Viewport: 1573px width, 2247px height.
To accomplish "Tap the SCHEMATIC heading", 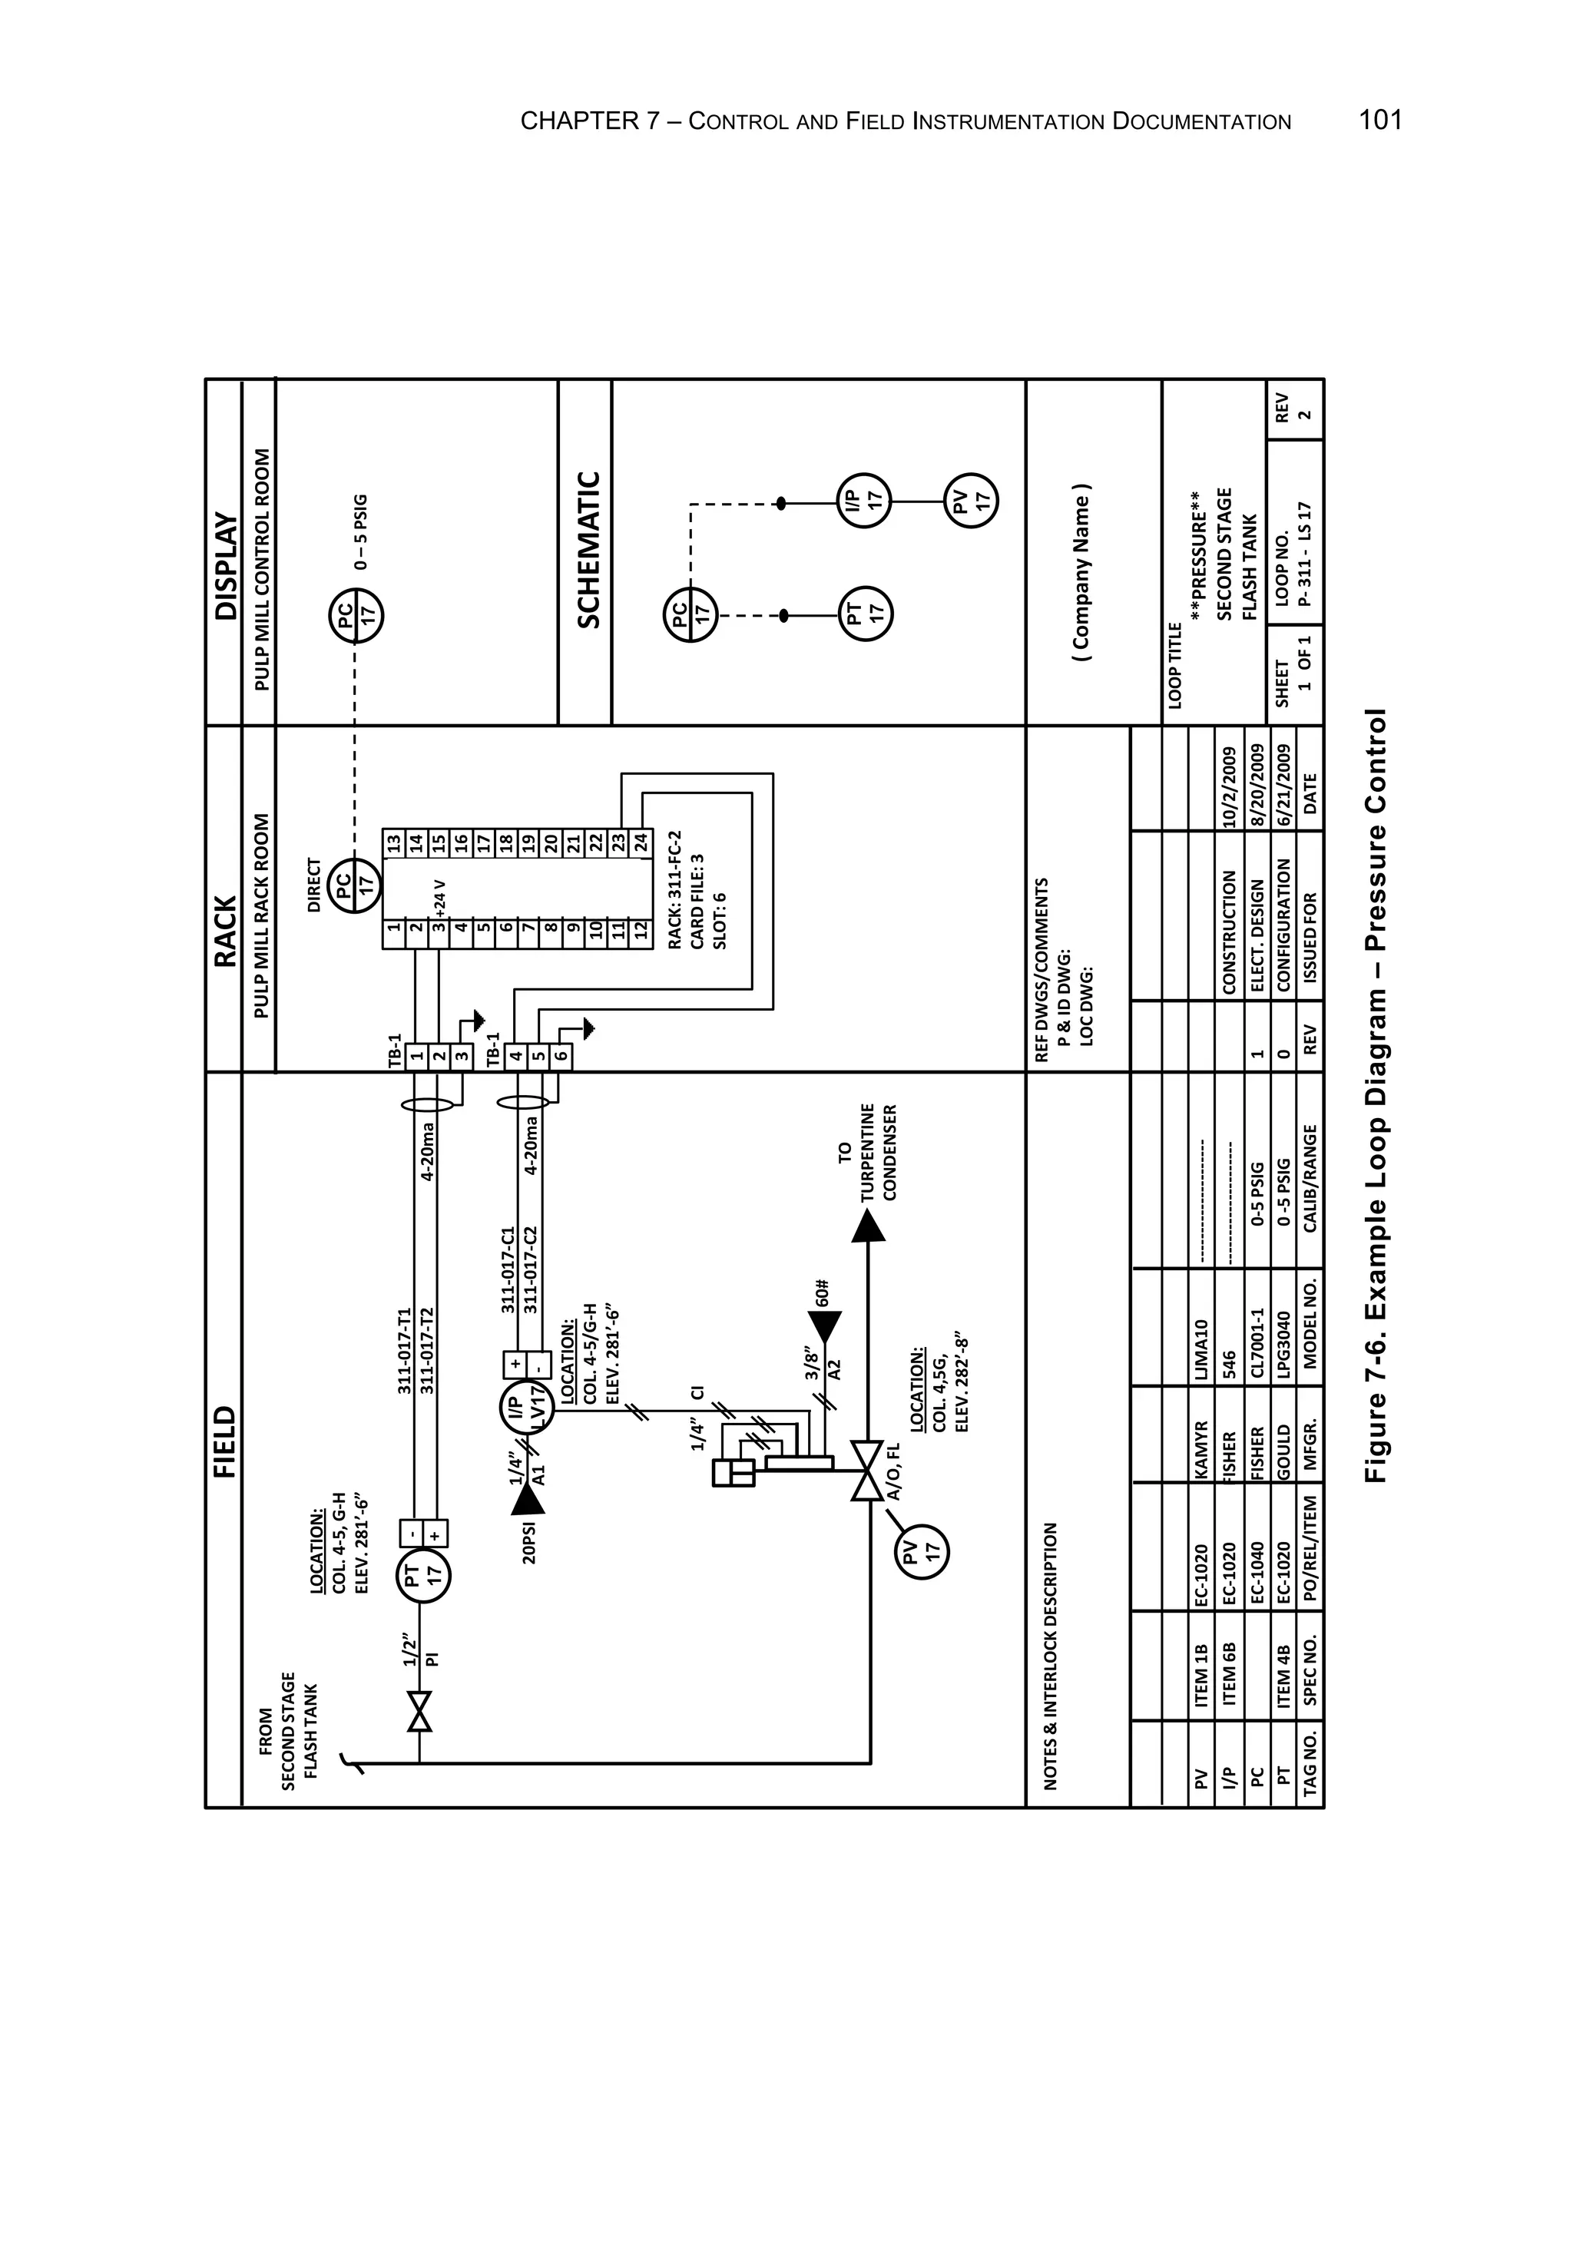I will click(x=588, y=550).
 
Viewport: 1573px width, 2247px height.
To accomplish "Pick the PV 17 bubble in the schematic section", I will click(x=970, y=501).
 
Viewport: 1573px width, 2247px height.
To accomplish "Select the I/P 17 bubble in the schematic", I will click(x=863, y=501).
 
